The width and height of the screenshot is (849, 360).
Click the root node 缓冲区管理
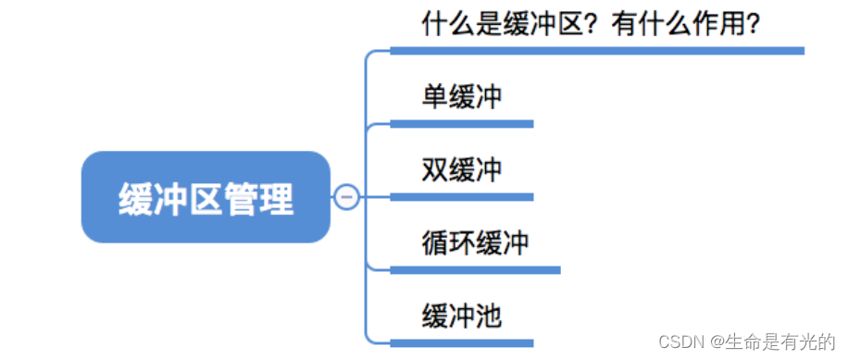click(x=206, y=197)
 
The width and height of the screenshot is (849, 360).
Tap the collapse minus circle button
click(x=346, y=197)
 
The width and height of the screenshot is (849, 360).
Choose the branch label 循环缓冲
click(x=475, y=243)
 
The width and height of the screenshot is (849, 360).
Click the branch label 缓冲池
click(x=462, y=317)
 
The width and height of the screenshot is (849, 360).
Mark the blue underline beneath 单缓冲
click(x=462, y=123)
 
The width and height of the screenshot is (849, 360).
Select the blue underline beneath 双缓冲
click(x=462, y=196)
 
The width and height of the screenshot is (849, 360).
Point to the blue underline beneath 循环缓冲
click(x=475, y=269)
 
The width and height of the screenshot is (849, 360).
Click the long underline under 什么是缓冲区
click(x=597, y=50)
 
